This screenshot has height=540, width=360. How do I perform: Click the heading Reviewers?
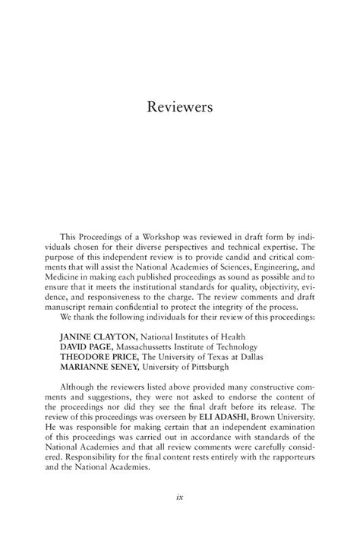click(179, 107)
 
